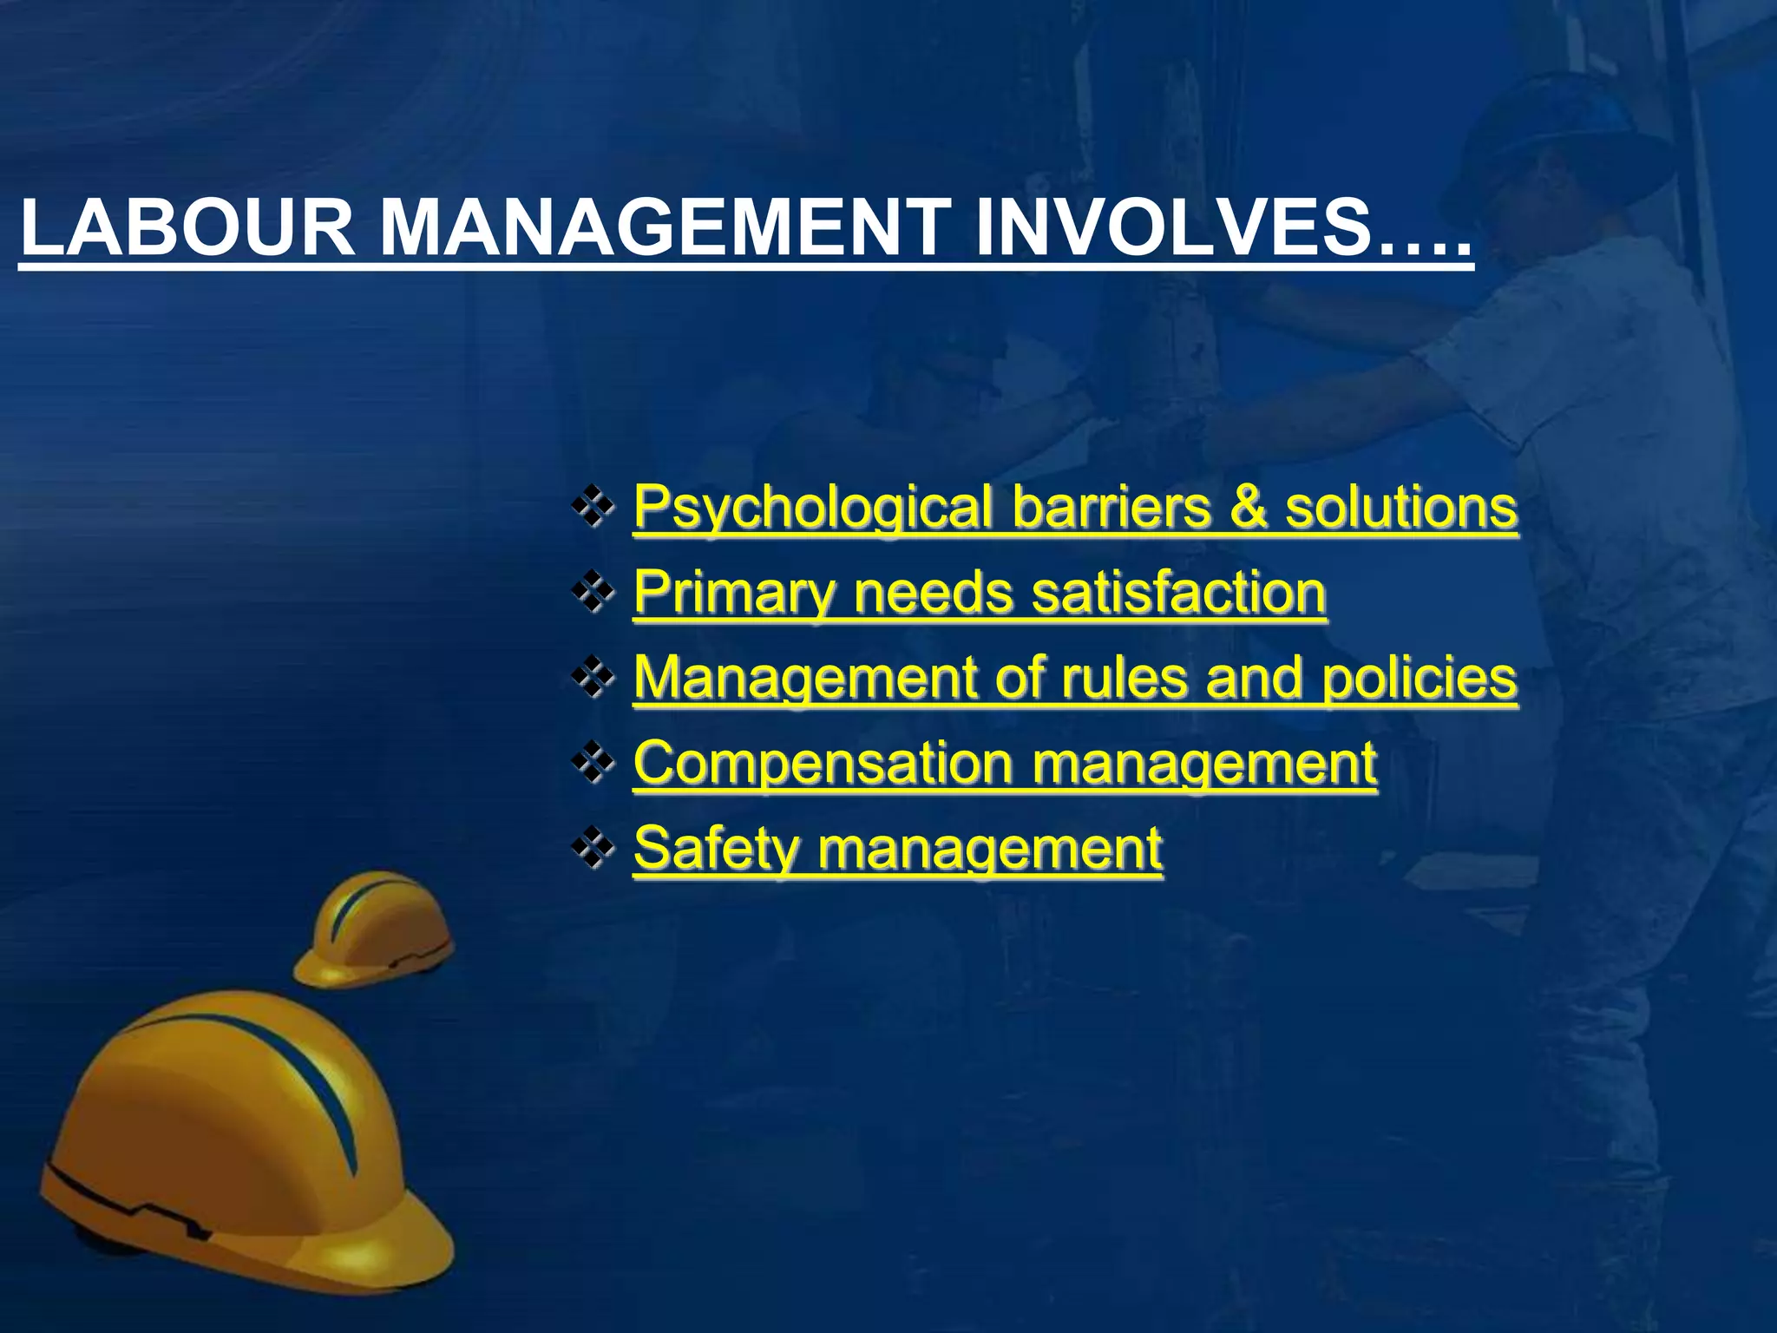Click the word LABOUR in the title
click(187, 229)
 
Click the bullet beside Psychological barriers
click(593, 509)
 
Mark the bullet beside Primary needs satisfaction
click(593, 594)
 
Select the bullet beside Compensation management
click(593, 765)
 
